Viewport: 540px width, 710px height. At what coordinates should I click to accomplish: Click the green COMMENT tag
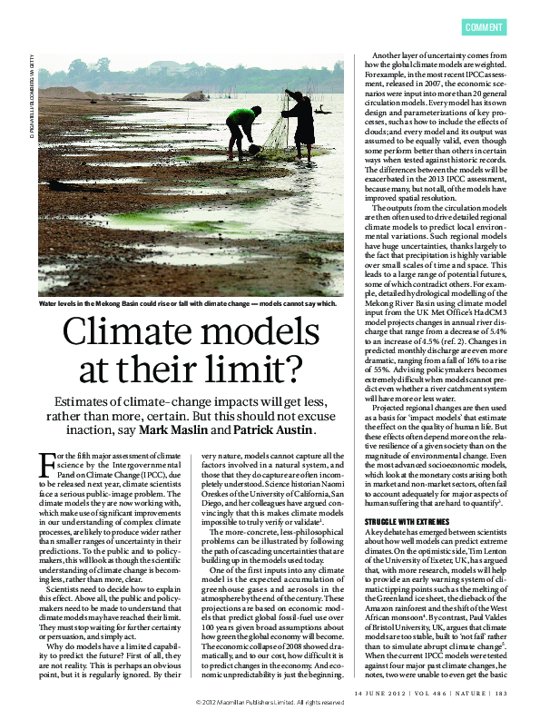coord(485,27)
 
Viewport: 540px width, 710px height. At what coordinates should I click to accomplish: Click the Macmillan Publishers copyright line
coord(270,703)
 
